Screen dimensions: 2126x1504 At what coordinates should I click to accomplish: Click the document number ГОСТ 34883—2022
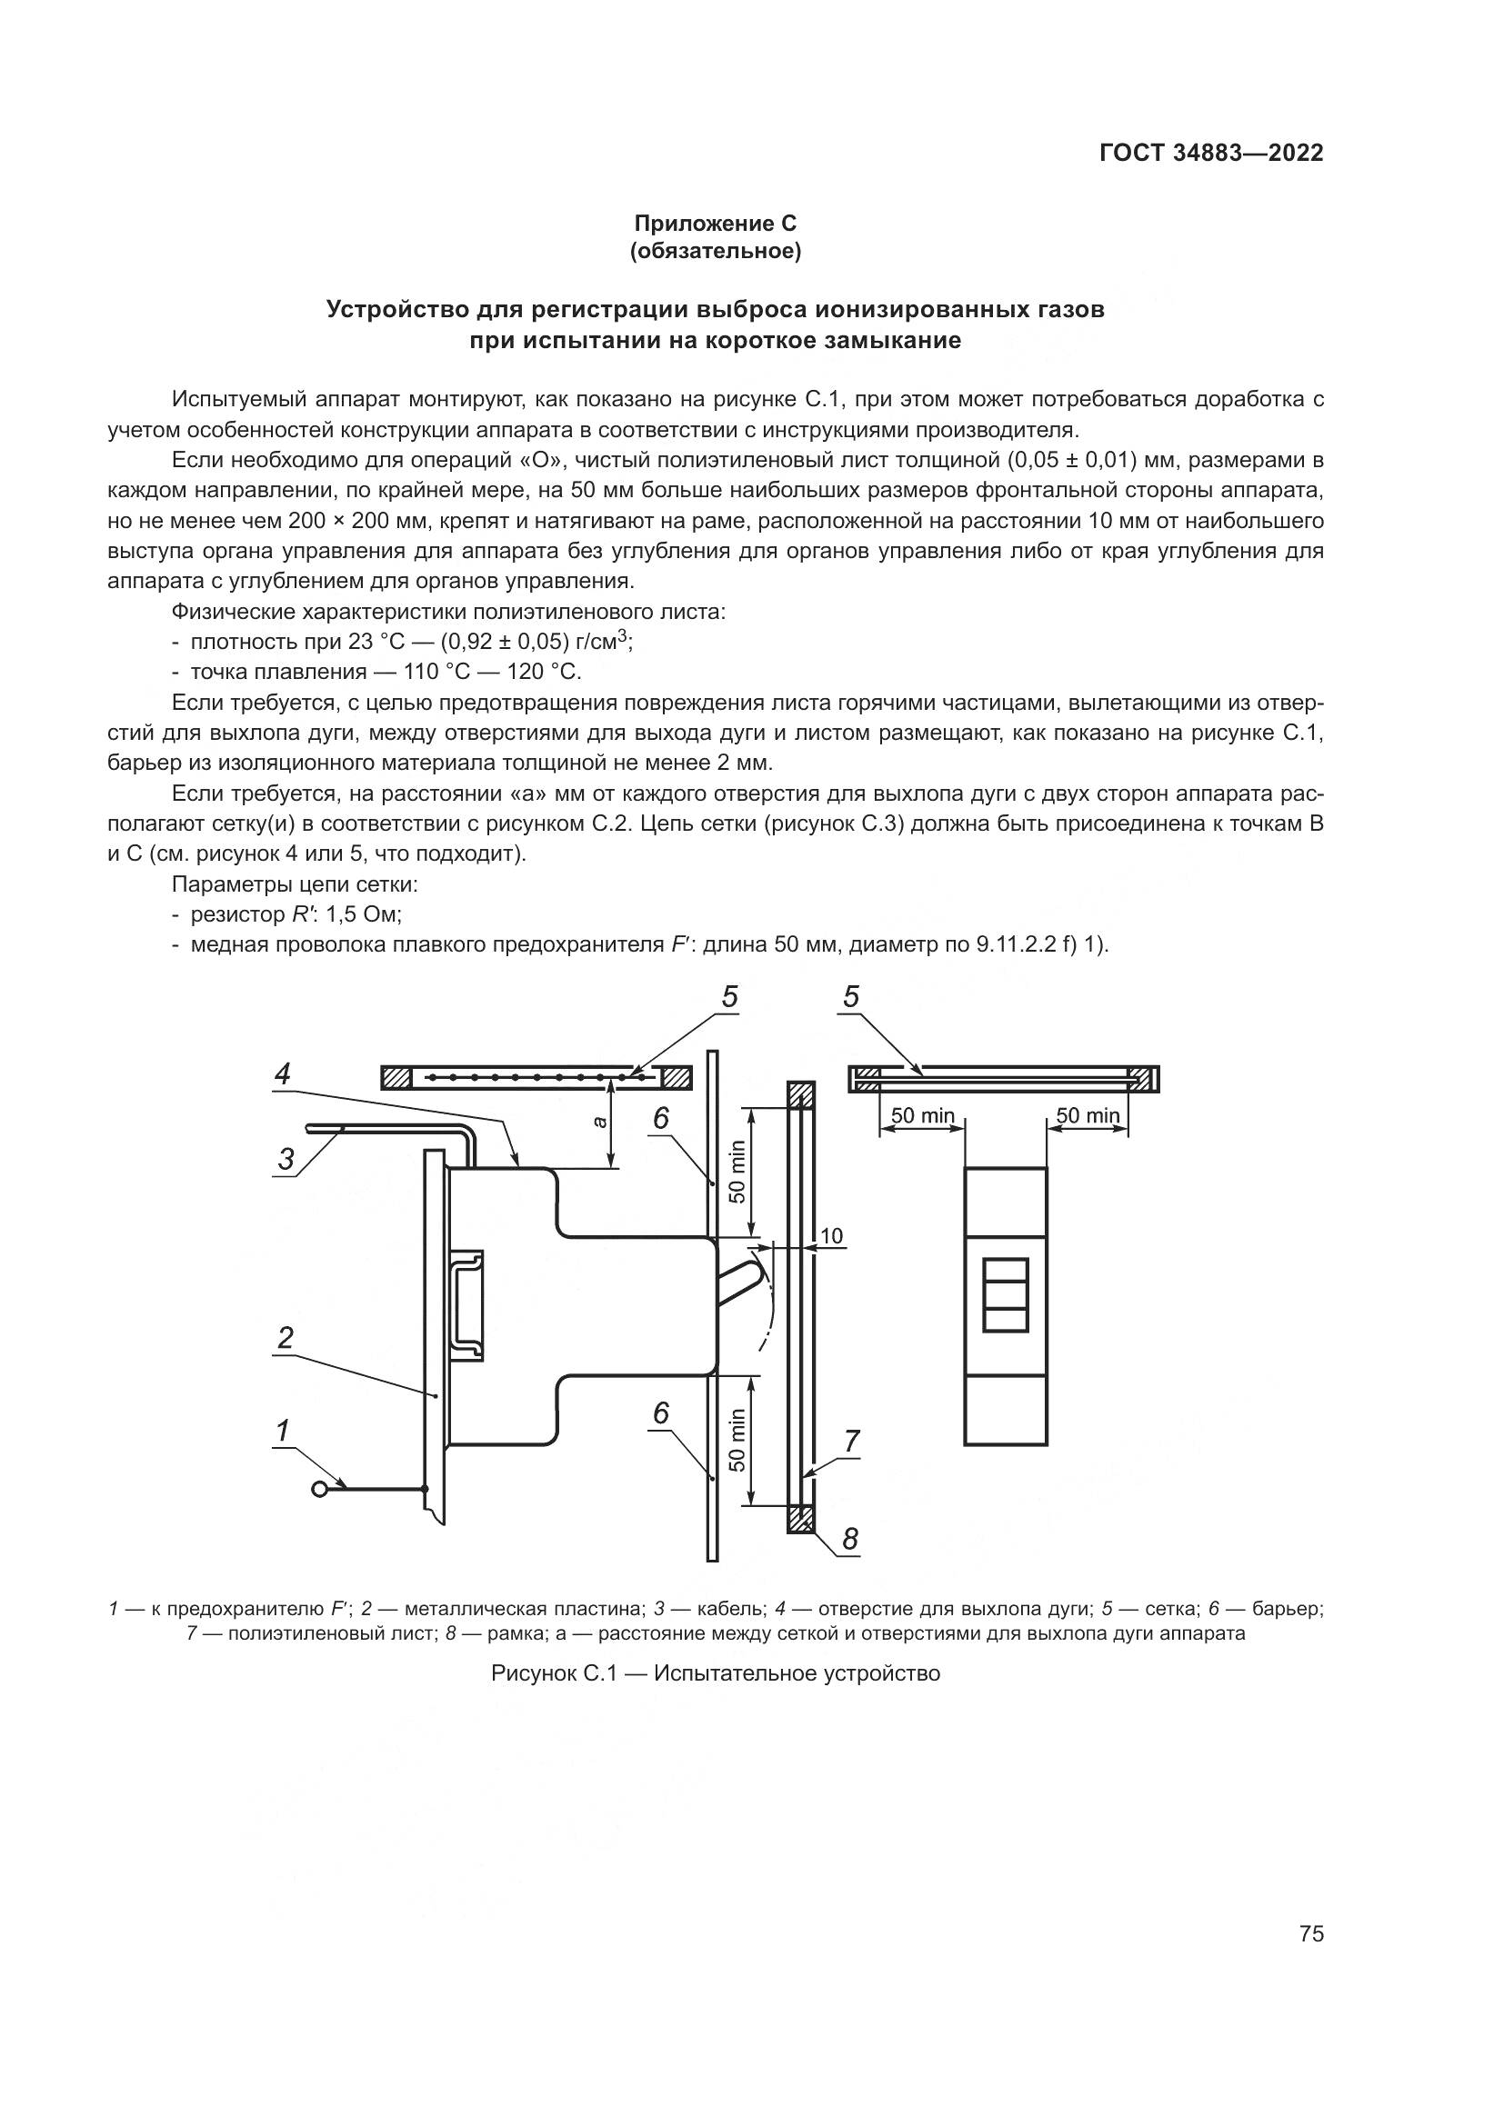pyautogui.click(x=1211, y=154)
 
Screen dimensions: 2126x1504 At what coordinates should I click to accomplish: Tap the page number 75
pyautogui.click(x=1311, y=1933)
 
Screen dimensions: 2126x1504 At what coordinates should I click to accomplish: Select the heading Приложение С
pyautogui.click(x=715, y=224)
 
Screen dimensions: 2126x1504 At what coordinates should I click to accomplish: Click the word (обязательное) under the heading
pyautogui.click(x=715, y=251)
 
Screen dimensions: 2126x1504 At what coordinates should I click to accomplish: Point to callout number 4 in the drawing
pyautogui.click(x=283, y=1073)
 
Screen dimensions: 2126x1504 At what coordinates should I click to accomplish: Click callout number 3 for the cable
pyautogui.click(x=286, y=1158)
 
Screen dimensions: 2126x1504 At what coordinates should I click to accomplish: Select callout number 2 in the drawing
pyautogui.click(x=286, y=1337)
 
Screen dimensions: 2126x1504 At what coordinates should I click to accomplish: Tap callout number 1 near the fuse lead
pyautogui.click(x=283, y=1431)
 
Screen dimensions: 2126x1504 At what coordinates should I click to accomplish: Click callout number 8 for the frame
pyautogui.click(x=849, y=1539)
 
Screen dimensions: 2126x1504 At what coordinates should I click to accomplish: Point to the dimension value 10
pyautogui.click(x=831, y=1236)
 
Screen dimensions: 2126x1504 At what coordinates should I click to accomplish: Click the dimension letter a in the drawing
pyautogui.click(x=600, y=1122)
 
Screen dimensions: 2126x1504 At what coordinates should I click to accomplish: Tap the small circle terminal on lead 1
pyautogui.click(x=320, y=1489)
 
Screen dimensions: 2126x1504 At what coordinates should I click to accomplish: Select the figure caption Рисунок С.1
pyautogui.click(x=715, y=1673)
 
